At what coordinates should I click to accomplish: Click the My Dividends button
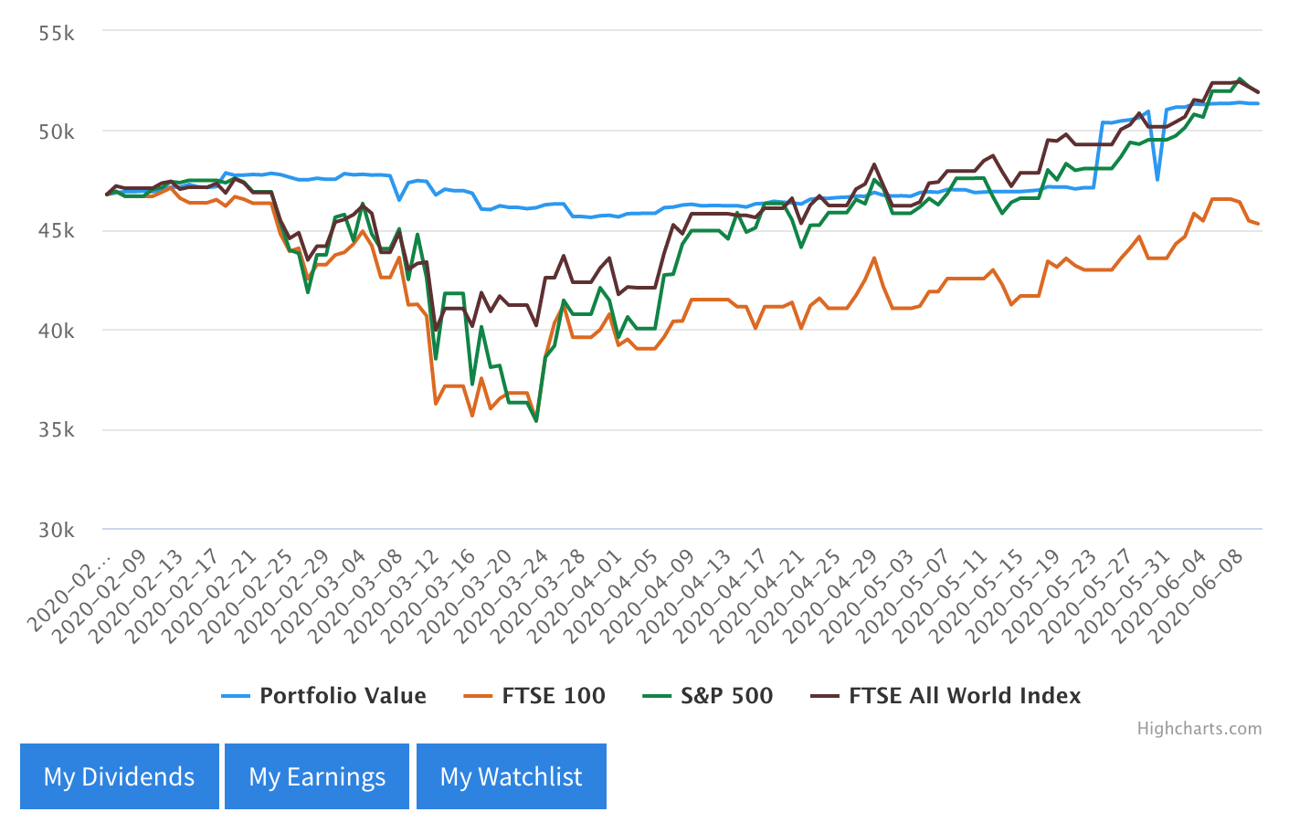(120, 776)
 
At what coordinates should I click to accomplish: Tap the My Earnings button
(317, 776)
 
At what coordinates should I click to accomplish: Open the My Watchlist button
(512, 776)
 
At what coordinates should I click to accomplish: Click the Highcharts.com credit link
(1199, 729)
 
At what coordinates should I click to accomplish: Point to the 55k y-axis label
(57, 34)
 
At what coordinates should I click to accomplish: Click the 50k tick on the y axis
(57, 132)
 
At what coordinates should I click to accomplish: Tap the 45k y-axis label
(57, 232)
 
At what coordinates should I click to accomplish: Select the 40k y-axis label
(57, 331)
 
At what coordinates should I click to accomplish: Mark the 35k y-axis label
(57, 430)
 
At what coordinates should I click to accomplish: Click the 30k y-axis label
(57, 530)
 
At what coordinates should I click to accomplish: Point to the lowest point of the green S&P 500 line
(536, 421)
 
